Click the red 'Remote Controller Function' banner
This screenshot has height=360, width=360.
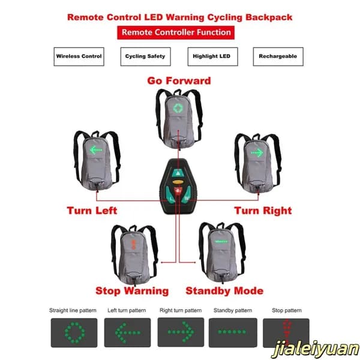176,32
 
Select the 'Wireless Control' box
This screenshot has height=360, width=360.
79,56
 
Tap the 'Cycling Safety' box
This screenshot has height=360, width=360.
146,56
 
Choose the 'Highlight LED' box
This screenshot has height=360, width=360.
212,56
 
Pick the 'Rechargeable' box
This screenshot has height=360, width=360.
278,56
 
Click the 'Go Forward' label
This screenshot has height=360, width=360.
179,81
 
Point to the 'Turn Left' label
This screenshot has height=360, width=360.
92,211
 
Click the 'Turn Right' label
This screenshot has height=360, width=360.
263,211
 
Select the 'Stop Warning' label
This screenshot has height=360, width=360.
132,291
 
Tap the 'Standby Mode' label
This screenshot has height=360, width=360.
224,291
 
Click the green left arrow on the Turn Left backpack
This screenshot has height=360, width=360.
96,150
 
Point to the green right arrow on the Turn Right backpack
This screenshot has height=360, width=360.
257,152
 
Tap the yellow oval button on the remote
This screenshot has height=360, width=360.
178,182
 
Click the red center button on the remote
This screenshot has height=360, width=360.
178,191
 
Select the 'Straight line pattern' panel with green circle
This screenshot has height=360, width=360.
74,332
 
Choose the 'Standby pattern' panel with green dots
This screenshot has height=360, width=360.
233,332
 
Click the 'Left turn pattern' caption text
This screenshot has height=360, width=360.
127,310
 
